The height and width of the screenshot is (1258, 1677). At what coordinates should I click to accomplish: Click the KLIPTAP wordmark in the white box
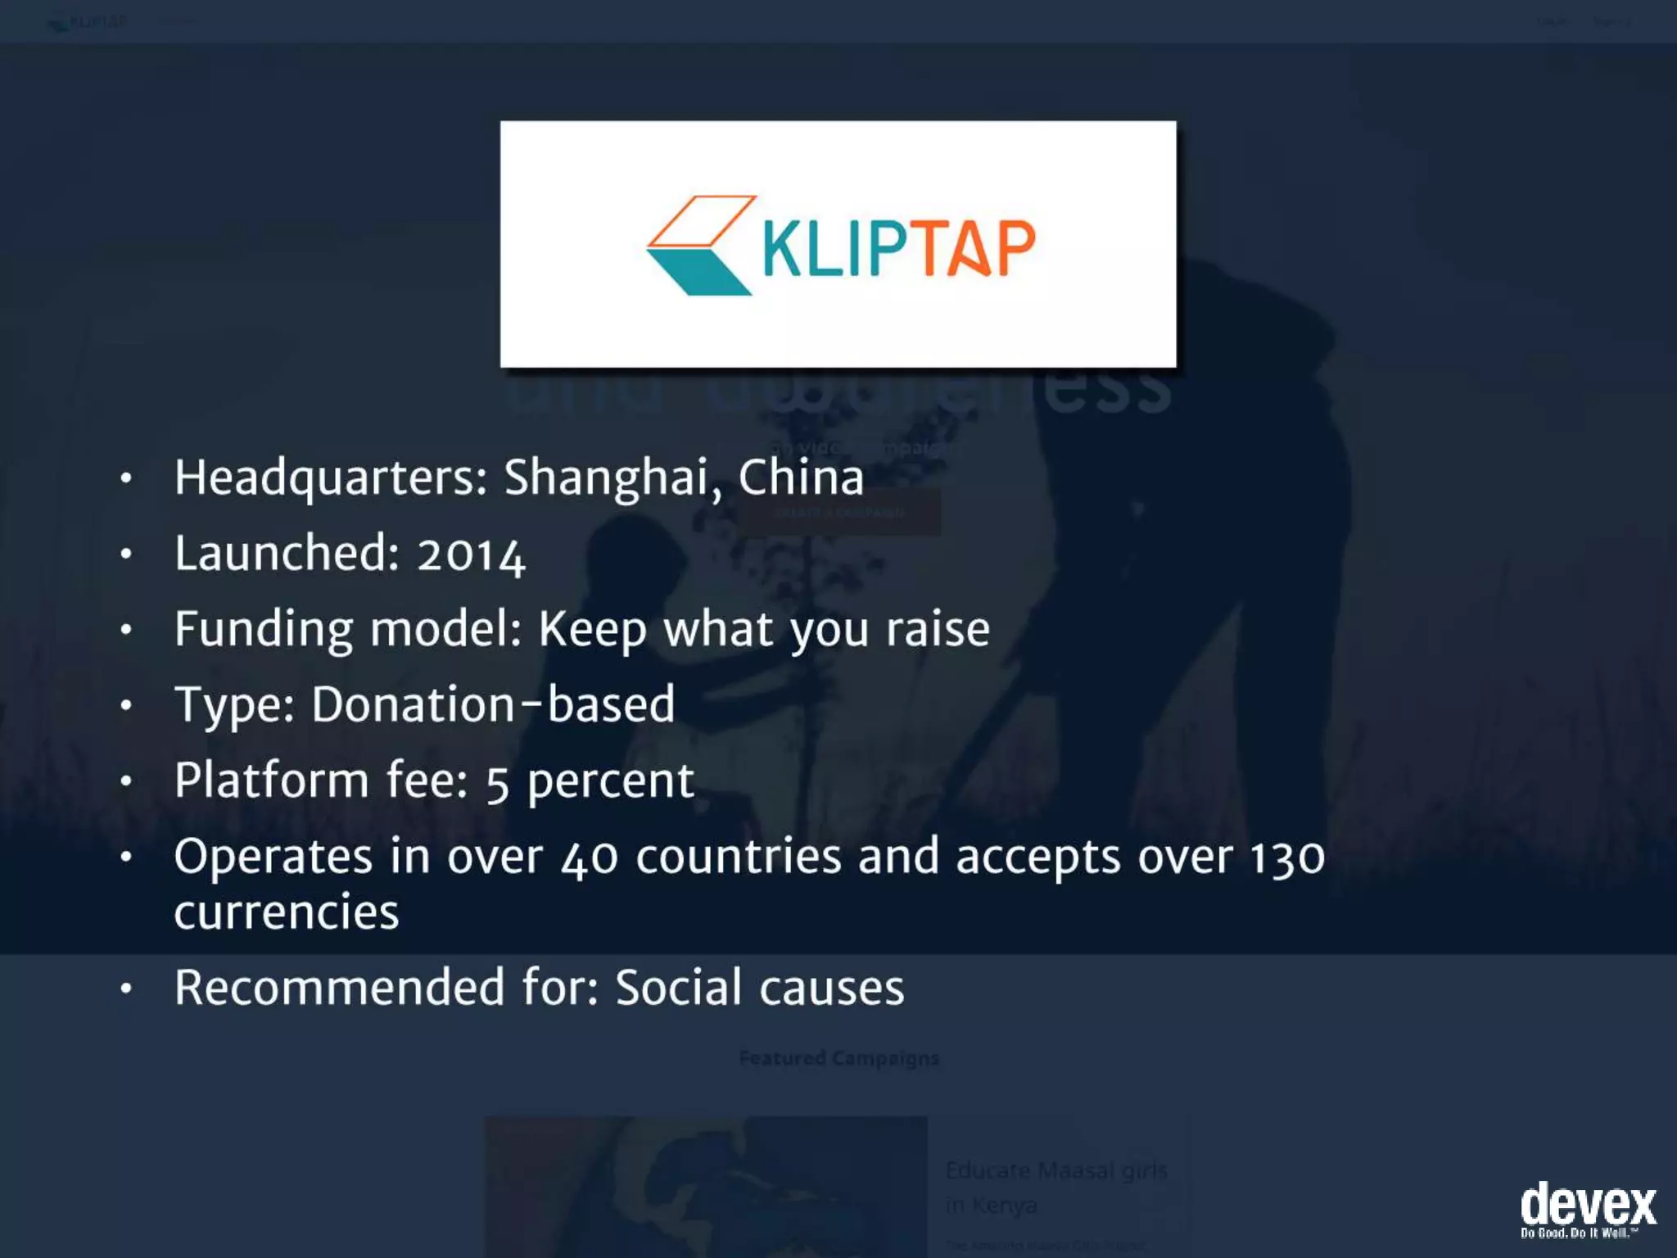point(898,248)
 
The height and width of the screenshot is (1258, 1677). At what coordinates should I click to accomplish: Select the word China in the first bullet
point(801,477)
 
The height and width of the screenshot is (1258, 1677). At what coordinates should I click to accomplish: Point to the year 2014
point(471,554)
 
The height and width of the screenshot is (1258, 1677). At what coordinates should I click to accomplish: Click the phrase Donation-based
point(493,705)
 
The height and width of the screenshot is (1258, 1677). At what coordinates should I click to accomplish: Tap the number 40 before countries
point(589,858)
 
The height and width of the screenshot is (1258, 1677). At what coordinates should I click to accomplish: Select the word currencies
point(287,912)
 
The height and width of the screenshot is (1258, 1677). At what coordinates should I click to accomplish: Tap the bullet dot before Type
point(125,705)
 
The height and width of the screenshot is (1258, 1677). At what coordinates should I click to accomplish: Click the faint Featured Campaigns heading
point(838,1058)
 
